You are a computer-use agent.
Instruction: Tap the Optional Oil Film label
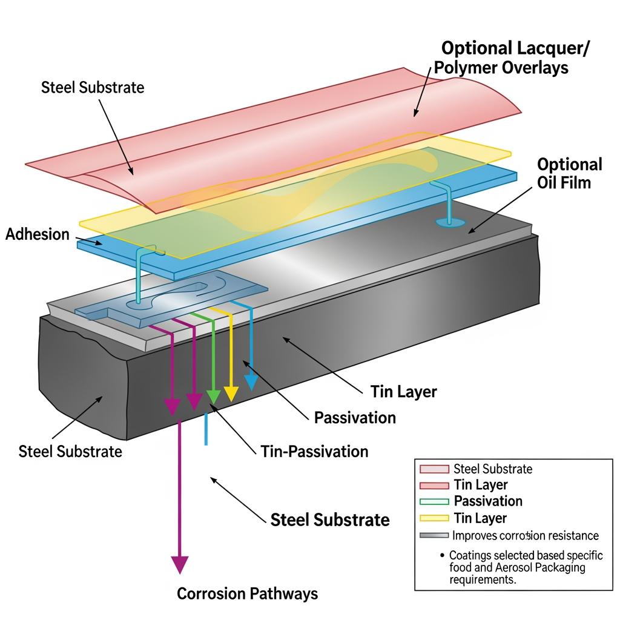[569, 173]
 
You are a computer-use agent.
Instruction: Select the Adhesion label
[38, 234]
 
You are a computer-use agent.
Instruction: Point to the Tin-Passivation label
[314, 451]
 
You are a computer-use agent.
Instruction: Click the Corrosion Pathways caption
[247, 593]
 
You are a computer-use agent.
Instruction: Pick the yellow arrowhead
[231, 394]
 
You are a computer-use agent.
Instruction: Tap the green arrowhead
[213, 397]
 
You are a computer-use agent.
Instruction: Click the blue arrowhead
[251, 382]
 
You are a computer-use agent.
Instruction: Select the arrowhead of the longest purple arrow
[179, 564]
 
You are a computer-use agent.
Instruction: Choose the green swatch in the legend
[434, 501]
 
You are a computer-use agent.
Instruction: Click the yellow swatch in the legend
[434, 518]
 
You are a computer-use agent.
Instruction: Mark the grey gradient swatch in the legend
[434, 536]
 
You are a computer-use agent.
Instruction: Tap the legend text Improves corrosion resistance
[525, 536]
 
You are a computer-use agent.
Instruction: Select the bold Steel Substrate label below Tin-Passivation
[330, 519]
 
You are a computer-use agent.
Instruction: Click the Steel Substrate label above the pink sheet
[93, 87]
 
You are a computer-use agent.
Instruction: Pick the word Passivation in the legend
[488, 501]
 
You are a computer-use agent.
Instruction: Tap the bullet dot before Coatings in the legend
[443, 555]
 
